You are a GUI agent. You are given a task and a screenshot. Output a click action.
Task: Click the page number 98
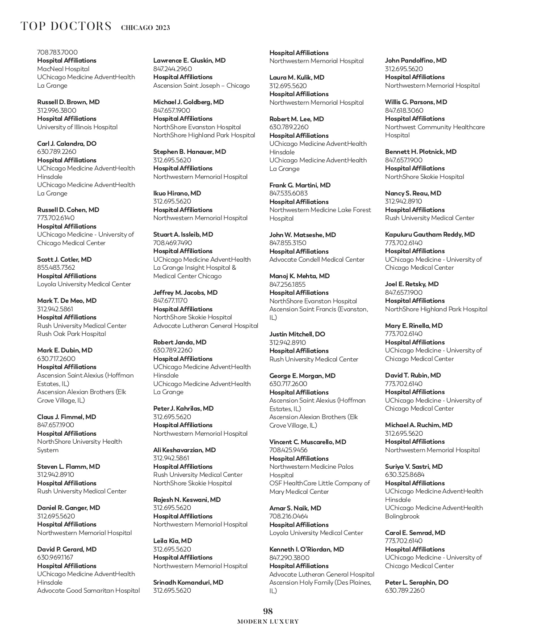(x=268, y=611)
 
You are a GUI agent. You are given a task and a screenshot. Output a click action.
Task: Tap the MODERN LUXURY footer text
(x=268, y=622)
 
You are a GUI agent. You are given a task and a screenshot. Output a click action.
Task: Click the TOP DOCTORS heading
(x=66, y=26)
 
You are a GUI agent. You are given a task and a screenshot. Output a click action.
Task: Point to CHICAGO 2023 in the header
(x=145, y=28)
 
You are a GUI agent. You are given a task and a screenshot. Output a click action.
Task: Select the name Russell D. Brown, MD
(x=68, y=102)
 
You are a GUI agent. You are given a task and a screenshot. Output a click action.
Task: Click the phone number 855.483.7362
(x=56, y=267)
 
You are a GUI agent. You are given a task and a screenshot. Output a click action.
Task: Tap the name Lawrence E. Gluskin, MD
(x=189, y=60)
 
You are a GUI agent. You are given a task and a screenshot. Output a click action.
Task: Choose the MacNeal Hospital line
(x=63, y=69)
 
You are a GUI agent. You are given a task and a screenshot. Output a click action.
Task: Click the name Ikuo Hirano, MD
(x=177, y=193)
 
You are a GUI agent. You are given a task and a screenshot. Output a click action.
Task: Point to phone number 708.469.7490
(x=172, y=243)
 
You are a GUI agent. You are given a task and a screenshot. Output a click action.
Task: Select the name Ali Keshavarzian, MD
(x=184, y=450)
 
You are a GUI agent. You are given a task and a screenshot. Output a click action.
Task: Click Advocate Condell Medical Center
(x=317, y=259)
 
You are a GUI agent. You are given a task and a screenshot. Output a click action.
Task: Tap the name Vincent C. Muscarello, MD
(x=308, y=442)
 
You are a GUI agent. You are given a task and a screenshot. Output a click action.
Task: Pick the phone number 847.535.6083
(x=288, y=193)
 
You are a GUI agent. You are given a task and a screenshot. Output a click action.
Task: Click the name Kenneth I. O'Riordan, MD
(x=306, y=549)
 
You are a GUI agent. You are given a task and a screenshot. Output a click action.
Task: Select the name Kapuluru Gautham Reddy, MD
(x=430, y=234)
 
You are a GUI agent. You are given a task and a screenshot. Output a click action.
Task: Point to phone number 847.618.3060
(x=404, y=110)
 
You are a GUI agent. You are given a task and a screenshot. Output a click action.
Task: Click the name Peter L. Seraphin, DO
(x=417, y=582)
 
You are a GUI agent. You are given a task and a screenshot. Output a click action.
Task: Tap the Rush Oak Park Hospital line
(x=71, y=334)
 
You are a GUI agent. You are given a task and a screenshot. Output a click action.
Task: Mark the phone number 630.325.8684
(x=405, y=475)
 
